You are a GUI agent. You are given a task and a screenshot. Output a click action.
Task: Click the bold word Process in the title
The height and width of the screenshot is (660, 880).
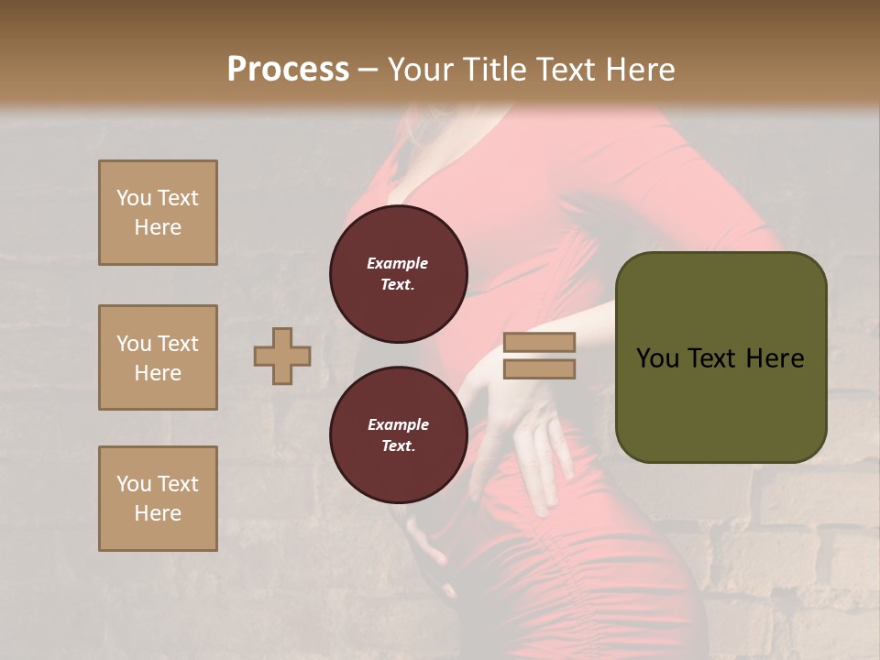coord(288,70)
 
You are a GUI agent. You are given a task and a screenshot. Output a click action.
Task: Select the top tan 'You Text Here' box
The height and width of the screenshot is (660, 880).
coord(158,213)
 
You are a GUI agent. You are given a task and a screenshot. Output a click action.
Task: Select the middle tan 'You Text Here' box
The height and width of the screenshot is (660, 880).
coord(158,357)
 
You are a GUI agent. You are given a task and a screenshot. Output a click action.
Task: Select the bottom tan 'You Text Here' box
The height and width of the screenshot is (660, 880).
coord(158,499)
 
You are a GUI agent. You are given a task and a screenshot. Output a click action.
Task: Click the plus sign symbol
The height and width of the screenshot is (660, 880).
coord(282,356)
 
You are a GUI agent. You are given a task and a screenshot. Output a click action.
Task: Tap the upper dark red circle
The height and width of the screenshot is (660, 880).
coord(399,274)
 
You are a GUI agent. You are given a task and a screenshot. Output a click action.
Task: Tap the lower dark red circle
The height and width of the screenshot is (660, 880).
coord(399,434)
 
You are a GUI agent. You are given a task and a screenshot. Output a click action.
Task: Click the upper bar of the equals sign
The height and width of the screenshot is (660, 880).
coord(540,342)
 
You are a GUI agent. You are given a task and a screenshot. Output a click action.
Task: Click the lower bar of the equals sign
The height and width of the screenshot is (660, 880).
coord(540,368)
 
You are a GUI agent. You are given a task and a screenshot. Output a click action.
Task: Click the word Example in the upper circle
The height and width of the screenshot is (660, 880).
coord(398,263)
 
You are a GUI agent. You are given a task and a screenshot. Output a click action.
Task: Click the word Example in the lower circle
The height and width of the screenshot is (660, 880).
coord(398,424)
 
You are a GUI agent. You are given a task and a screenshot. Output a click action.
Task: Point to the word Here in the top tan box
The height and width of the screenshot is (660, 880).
coord(158,227)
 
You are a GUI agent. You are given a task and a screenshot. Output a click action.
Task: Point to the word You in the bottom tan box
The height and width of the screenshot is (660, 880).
coord(134,484)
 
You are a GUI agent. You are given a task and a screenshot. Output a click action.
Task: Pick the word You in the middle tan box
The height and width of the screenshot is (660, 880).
coord(134,344)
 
